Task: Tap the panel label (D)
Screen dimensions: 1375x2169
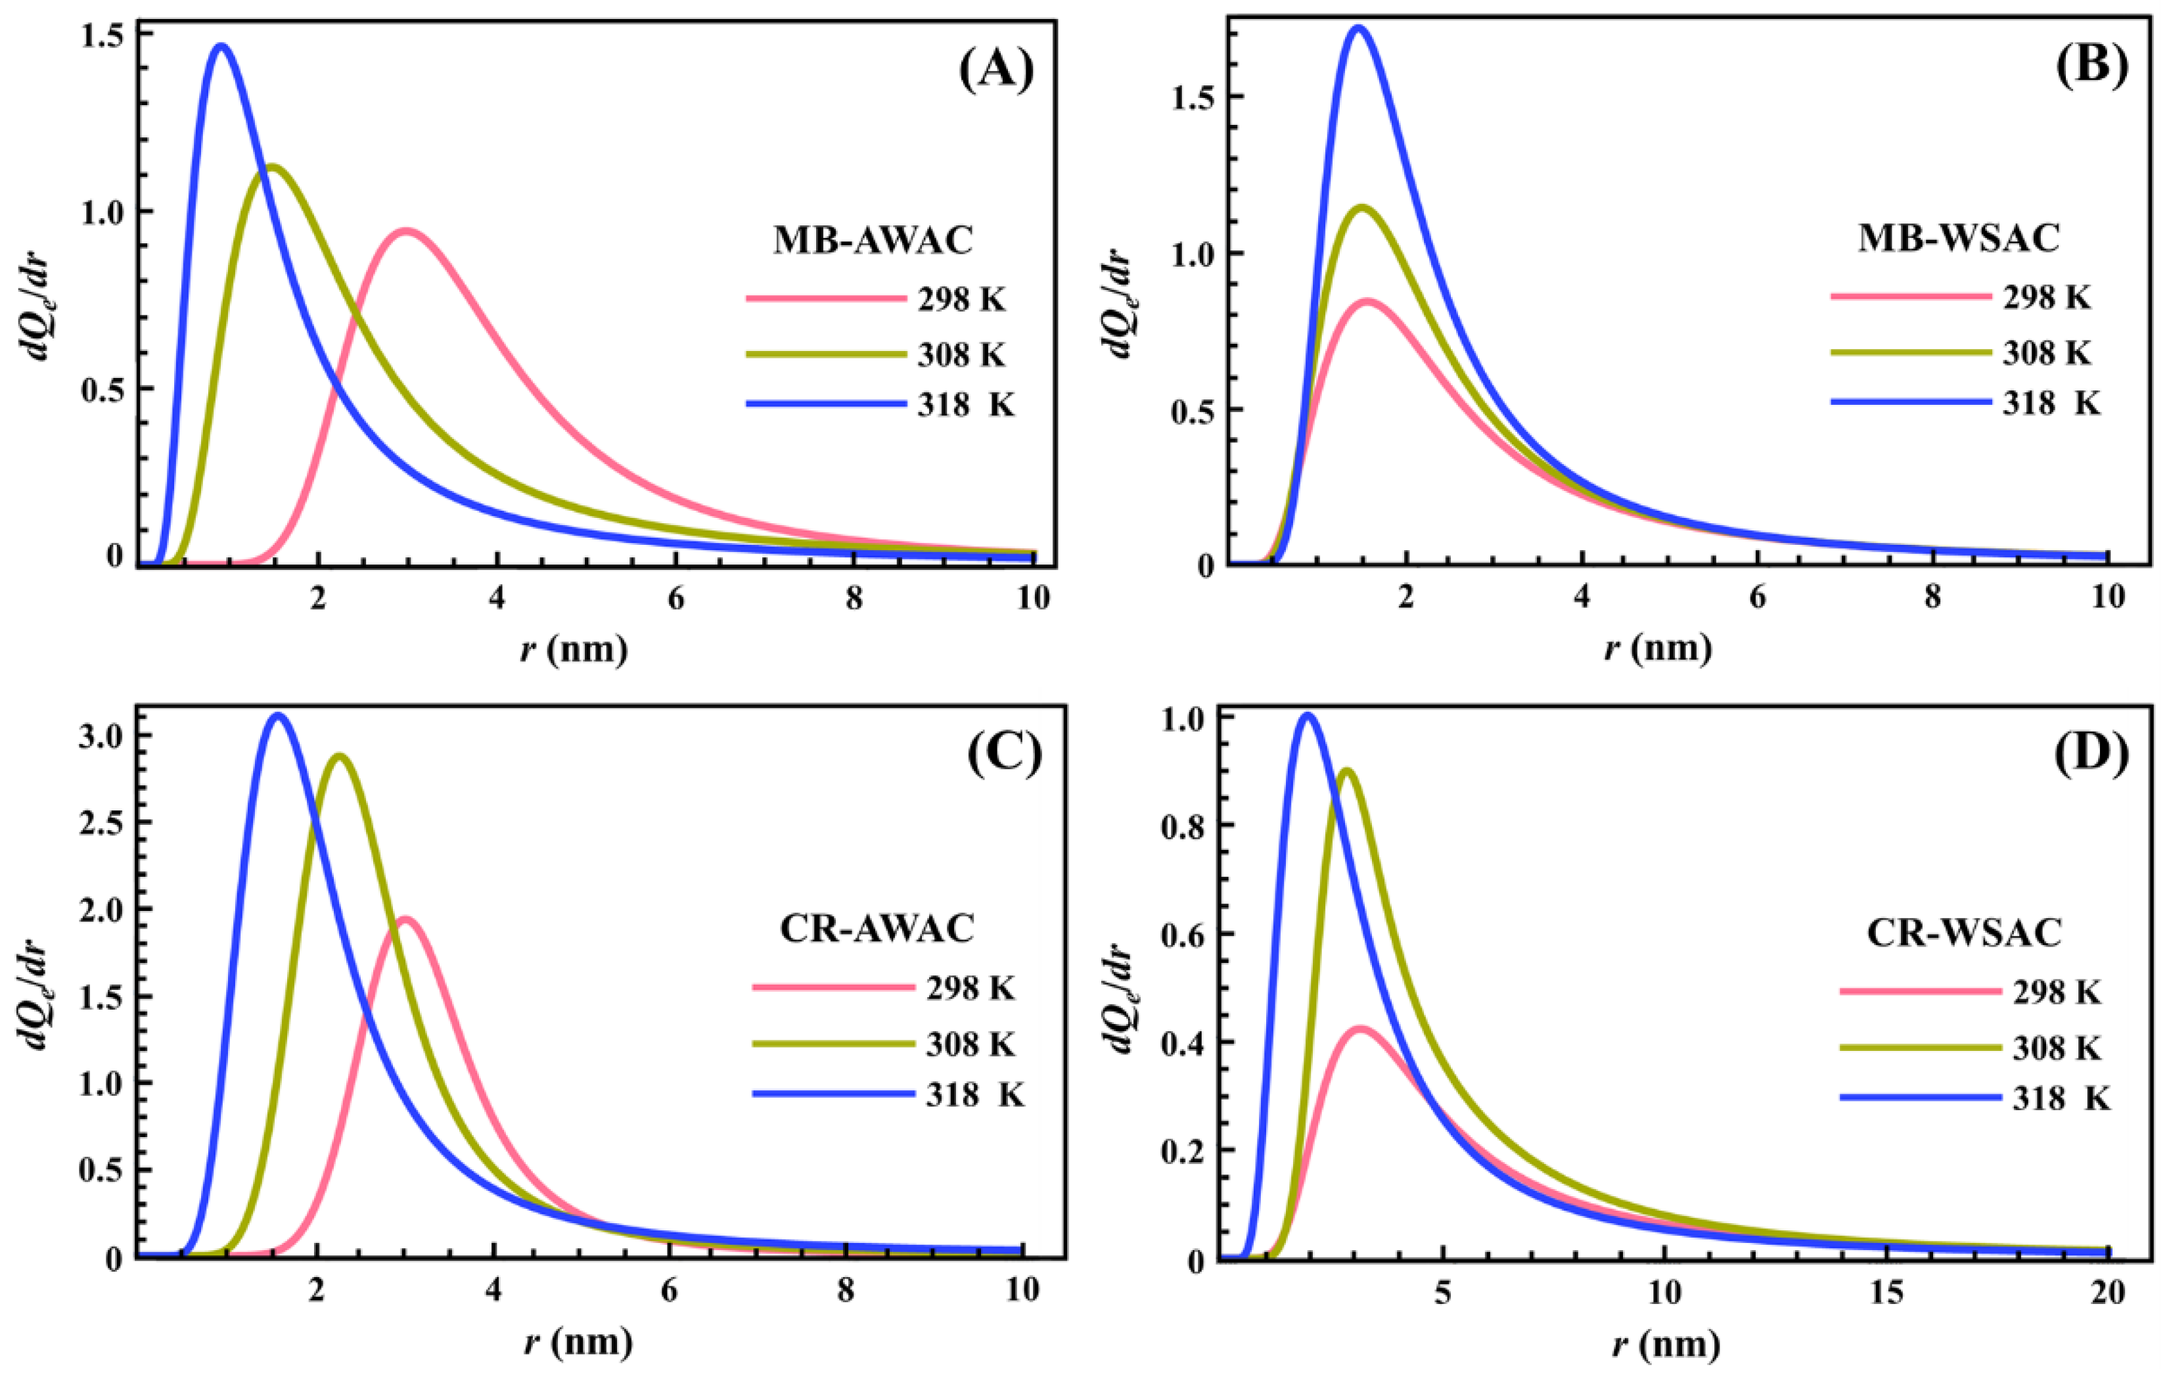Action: tap(2082, 754)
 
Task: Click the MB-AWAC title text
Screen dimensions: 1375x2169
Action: tap(873, 241)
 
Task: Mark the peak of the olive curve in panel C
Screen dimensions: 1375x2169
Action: tap(340, 755)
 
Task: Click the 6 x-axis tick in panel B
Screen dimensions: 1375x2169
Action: tap(1758, 597)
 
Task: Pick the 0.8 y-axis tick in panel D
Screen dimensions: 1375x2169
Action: tap(1191, 826)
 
